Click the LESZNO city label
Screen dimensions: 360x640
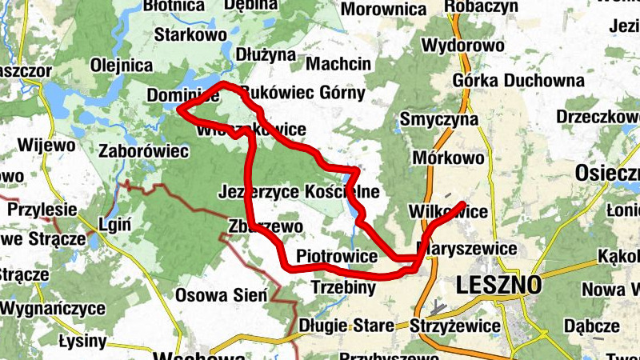point(498,284)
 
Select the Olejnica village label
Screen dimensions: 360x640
point(122,66)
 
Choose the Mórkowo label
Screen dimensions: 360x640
point(449,158)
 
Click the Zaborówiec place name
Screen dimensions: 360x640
point(143,150)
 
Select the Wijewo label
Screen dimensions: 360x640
point(50,146)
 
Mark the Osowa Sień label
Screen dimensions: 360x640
point(221,294)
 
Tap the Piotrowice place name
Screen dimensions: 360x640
point(336,257)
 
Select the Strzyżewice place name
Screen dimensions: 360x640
point(454,326)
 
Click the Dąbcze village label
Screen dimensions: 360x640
point(591,326)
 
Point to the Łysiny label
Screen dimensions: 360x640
point(82,342)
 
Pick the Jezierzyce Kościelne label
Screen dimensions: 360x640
point(298,192)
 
